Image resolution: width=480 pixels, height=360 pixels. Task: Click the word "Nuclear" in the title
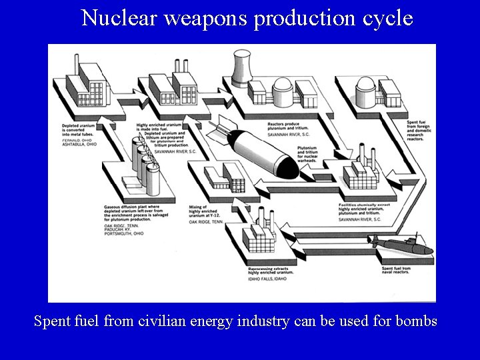pos(117,18)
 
